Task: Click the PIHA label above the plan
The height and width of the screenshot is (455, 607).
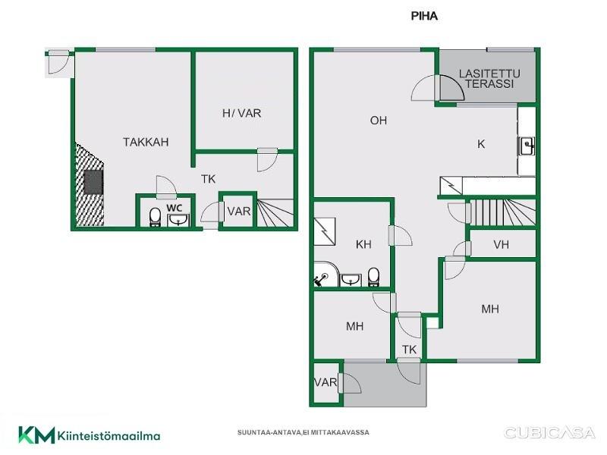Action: point(424,16)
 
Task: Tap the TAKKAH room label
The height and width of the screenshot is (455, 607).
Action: point(146,142)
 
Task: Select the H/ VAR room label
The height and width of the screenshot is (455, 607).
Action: point(241,113)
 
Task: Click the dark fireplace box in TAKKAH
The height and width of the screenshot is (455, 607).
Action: point(93,182)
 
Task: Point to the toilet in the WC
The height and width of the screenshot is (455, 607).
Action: point(155,217)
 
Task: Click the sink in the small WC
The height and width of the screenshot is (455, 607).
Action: point(178,220)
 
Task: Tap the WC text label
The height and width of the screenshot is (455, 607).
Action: point(175,208)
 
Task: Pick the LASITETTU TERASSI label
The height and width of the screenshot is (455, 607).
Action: point(489,79)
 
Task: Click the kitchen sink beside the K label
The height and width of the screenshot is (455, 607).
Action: point(527,146)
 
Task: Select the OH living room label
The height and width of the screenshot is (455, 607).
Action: point(378,121)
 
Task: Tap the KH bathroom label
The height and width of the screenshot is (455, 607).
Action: point(363,244)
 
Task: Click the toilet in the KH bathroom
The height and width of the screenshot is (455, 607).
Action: point(373,277)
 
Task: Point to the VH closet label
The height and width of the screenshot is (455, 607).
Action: point(501,244)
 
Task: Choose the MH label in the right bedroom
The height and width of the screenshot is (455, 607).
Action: point(489,309)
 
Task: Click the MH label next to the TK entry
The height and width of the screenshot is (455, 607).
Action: point(354,327)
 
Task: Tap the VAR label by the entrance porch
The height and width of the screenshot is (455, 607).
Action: point(326,383)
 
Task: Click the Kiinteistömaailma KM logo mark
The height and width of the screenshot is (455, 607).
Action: point(36,435)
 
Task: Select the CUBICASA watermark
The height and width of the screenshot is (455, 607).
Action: point(549,432)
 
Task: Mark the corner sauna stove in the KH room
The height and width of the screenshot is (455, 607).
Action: point(320,278)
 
